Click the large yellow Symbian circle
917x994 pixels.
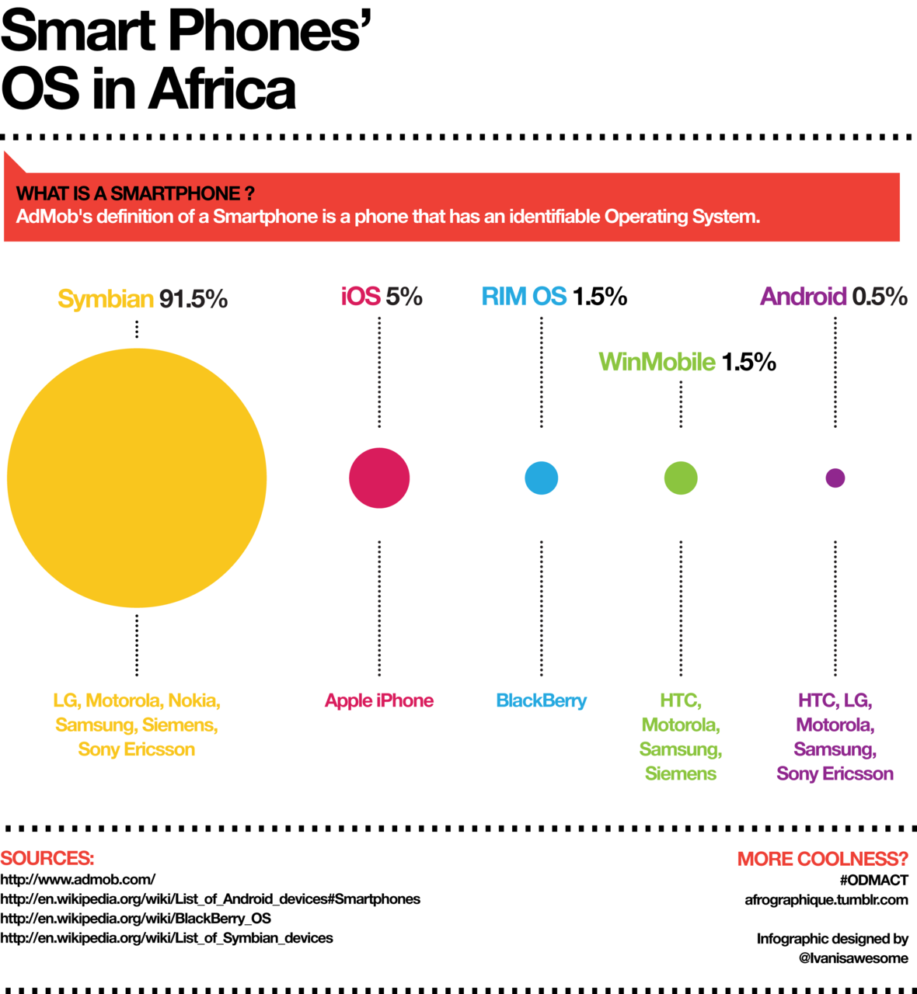click(x=137, y=478)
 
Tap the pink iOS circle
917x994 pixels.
click(x=379, y=478)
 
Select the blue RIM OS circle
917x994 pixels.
click(x=542, y=478)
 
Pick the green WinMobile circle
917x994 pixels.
click(x=681, y=478)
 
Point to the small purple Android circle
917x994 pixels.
click(x=835, y=478)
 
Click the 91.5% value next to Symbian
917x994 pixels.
click(x=194, y=299)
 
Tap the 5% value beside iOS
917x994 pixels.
click(x=404, y=296)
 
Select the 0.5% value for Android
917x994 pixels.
click(x=880, y=296)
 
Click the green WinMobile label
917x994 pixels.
click(x=657, y=362)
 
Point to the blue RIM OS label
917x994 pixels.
click(x=524, y=296)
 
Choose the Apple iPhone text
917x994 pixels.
click(x=379, y=700)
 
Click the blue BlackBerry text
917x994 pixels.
click(x=542, y=700)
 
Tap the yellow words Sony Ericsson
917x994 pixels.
click(x=137, y=749)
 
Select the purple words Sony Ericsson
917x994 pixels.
click(x=835, y=773)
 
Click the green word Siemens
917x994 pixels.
click(x=681, y=773)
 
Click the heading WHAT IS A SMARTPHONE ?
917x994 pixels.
click(x=135, y=193)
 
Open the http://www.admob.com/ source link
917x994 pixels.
click(x=78, y=879)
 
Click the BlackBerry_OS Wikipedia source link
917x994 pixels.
click(x=135, y=918)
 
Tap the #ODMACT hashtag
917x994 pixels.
click(x=873, y=880)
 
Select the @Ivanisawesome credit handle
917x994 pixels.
click(x=853, y=958)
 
